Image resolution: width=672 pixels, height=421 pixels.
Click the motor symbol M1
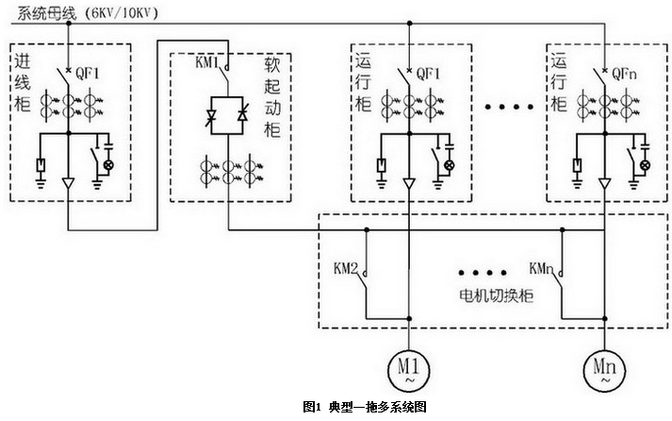(x=410, y=366)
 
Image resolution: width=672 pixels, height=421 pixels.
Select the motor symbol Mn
(x=603, y=366)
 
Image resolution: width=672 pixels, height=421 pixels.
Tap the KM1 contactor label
(x=205, y=64)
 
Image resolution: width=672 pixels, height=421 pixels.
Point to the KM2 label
(x=346, y=268)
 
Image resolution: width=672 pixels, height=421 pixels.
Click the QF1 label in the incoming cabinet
(x=87, y=72)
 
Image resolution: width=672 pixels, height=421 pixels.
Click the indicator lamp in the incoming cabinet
(x=107, y=164)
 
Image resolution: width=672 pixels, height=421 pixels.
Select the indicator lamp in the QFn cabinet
(x=646, y=164)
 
